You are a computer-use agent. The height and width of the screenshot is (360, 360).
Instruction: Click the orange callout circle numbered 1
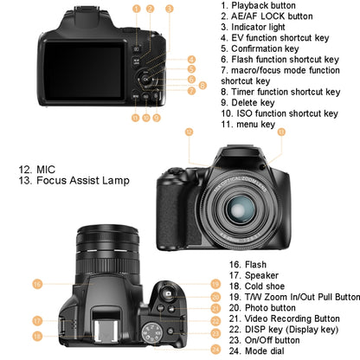137,8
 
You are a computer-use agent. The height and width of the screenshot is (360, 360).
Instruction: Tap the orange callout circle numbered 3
170,8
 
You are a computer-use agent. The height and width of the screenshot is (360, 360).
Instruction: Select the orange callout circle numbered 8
202,86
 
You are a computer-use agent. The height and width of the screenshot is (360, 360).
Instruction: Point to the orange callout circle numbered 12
188,132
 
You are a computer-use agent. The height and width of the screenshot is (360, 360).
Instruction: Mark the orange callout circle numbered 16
37,283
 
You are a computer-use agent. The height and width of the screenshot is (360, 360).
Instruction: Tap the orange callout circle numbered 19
215,283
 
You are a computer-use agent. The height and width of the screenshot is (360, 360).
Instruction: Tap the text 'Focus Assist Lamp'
84,181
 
